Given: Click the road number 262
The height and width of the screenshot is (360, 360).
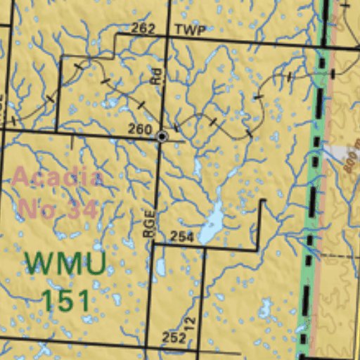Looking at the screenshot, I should coord(143,29).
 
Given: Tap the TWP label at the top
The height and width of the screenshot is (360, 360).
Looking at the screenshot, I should coord(190,30).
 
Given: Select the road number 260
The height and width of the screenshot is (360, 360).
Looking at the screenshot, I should coord(140,129).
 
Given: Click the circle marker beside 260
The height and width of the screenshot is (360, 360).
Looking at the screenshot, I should coord(162,136).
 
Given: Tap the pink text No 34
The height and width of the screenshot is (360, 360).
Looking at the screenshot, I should coord(57,209).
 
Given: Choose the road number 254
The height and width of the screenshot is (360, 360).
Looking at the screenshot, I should coord(181,237).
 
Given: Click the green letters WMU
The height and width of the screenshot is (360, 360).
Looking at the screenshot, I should coord(65,264).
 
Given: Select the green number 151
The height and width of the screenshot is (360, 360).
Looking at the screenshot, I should coord(65,300).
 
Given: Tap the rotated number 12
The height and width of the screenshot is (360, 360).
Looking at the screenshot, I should coord(188,324).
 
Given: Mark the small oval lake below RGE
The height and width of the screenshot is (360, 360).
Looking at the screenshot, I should coord(161,266).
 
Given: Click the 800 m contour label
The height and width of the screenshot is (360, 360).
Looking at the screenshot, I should coord(352,158).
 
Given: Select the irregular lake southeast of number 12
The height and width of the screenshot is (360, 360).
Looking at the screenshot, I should coord(265,308).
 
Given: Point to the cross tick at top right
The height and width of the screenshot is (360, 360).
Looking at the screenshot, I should coord(345,6).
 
